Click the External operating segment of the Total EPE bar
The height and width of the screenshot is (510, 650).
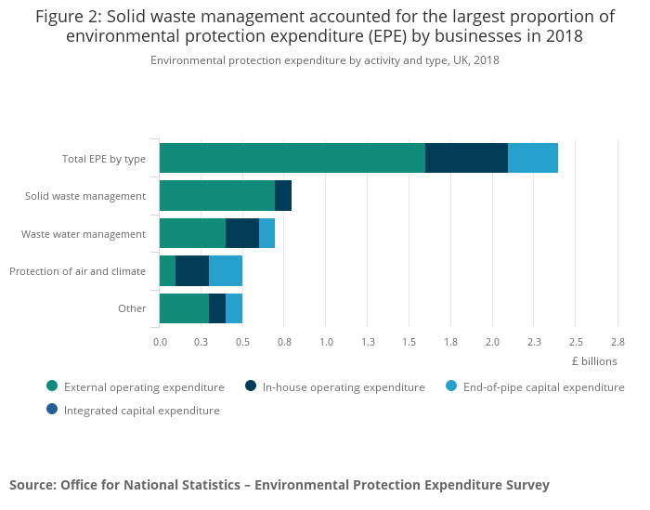292,158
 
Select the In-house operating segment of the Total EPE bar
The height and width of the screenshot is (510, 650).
466,158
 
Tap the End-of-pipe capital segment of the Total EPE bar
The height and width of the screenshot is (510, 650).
533,158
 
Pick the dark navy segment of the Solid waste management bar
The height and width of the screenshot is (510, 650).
283,196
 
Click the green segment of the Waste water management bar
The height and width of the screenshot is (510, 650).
192,233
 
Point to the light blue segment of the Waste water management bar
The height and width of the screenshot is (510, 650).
266,233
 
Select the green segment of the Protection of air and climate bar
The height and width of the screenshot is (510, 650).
167,271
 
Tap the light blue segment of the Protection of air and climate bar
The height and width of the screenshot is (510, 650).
226,271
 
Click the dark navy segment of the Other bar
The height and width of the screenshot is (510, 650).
217,308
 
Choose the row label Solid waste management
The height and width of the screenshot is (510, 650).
85,196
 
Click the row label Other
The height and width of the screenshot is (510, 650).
132,308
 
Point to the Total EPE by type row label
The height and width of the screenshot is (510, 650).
104,159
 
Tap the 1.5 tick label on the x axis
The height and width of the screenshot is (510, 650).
409,342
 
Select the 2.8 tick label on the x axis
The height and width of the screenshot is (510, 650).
617,342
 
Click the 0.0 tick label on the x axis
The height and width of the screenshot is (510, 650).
160,342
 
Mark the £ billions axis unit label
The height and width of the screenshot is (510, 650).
593,361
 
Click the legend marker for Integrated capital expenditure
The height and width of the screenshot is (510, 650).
52,410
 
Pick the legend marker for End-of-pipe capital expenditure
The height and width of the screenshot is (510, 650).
451,386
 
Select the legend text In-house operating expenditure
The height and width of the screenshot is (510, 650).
344,387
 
